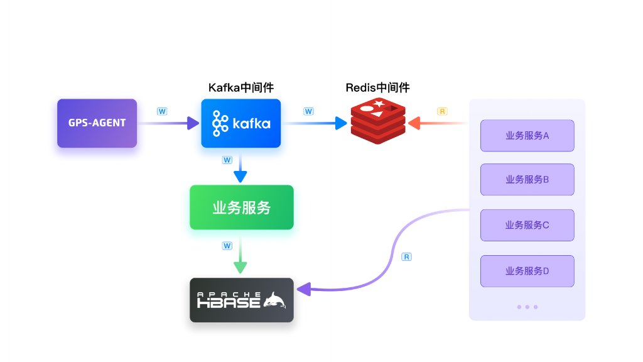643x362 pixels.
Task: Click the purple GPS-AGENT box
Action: coord(97,123)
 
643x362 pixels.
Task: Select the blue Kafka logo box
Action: coord(240,123)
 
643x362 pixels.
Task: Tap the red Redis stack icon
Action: coord(378,122)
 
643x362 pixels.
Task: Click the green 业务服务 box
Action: coord(242,207)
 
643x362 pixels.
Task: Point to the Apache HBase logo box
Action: coord(242,300)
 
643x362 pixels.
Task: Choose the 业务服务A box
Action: coord(527,135)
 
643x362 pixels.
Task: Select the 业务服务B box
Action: coord(527,179)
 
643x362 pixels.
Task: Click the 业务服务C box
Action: coord(527,225)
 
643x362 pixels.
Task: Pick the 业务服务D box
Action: coord(527,271)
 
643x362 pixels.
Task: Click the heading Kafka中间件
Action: coord(240,87)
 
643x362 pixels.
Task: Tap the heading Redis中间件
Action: coord(377,87)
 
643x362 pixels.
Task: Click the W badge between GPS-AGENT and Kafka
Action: coord(162,111)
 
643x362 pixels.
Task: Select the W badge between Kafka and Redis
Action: coord(308,111)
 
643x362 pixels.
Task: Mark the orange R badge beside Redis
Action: coord(442,111)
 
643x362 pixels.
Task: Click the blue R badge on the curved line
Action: coord(406,257)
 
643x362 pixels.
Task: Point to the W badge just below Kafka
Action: coord(227,160)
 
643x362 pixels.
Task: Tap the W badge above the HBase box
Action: coord(227,246)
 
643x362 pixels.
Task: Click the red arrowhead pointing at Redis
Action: coord(414,123)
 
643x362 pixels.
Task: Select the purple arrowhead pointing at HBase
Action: coord(304,289)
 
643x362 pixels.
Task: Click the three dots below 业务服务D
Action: coord(527,307)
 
